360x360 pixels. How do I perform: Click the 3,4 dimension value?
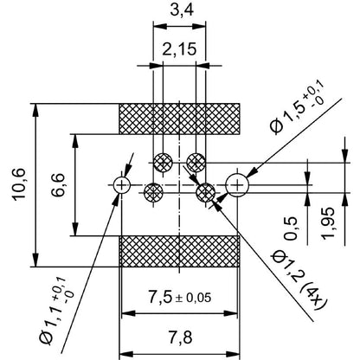pyautogui.click(x=182, y=10)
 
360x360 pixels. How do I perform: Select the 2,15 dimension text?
pyautogui.click(x=179, y=49)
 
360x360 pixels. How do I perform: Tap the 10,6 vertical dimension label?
pyautogui.click(x=19, y=184)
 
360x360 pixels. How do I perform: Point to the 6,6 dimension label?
pyautogui.click(x=58, y=184)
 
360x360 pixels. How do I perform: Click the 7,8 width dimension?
pyautogui.click(x=181, y=337)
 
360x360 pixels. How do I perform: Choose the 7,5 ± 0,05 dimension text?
pyautogui.click(x=180, y=297)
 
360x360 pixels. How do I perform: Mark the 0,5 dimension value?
pyautogui.click(x=290, y=228)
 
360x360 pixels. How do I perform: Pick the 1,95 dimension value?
pyautogui.click(x=328, y=223)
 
